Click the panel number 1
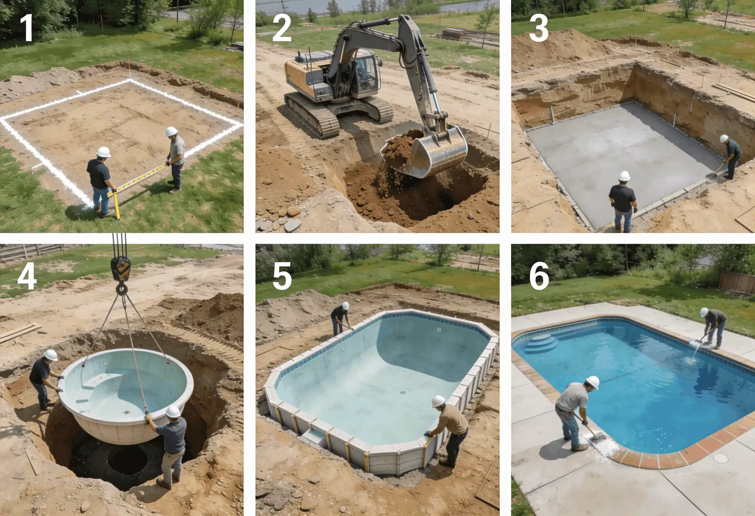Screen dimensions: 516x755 [26, 29]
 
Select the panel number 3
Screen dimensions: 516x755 [539, 29]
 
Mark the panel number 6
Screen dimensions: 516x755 [539, 277]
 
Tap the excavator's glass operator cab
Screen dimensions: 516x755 [365, 73]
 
